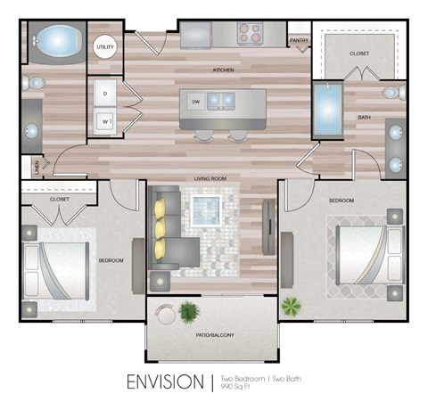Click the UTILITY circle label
(106, 45)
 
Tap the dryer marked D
(105, 94)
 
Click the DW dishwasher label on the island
(193, 101)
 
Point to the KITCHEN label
(223, 69)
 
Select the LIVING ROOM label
(212, 178)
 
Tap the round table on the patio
(165, 314)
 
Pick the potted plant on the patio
(189, 312)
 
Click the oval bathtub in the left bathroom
(57, 42)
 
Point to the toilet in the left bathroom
(36, 83)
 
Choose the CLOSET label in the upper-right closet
(359, 53)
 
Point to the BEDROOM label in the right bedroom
(342, 201)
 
